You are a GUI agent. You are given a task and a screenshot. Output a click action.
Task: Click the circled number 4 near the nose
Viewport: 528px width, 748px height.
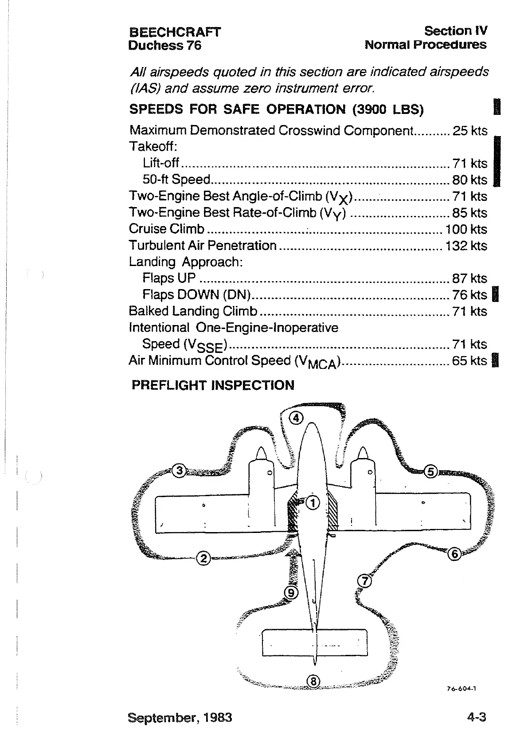297,417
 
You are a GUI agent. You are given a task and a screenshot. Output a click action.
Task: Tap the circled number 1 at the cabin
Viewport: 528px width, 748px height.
313,503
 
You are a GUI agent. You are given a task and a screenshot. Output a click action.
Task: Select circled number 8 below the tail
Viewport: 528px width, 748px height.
313,681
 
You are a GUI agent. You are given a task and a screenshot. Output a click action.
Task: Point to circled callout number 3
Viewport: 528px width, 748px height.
179,470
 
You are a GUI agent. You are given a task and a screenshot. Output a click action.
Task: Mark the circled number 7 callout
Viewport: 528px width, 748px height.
364,580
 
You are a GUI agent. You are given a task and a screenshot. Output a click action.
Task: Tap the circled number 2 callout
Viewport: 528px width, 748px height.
203,558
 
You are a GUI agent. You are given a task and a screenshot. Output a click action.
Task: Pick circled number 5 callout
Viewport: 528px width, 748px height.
430,471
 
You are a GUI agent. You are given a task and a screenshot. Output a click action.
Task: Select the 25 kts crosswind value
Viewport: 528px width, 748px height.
469,131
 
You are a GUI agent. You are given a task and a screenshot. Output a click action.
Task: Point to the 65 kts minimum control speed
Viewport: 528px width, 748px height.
469,360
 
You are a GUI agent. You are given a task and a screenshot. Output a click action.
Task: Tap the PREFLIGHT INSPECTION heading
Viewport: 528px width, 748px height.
213,385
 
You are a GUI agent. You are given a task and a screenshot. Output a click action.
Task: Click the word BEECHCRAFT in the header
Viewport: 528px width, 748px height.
174,32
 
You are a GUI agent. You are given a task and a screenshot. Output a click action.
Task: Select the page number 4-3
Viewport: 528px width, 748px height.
477,717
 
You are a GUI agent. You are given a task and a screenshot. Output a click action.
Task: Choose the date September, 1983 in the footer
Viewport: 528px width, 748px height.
180,717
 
